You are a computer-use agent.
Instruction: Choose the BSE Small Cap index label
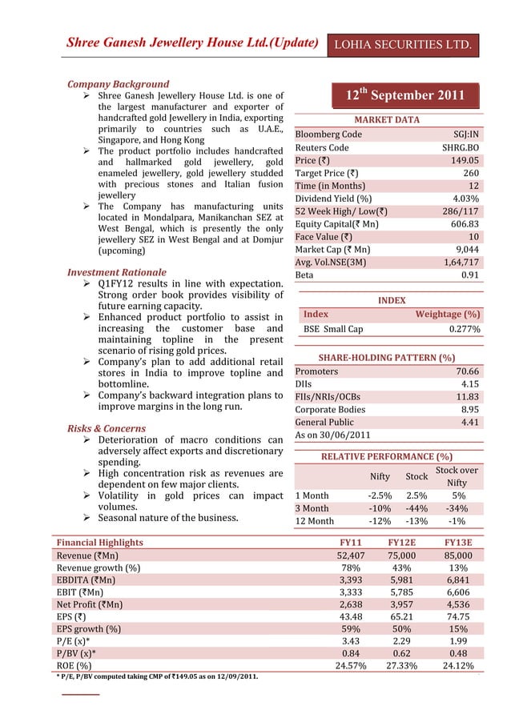(333, 329)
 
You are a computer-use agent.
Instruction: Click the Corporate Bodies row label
(330, 409)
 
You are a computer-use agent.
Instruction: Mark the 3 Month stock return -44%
(416, 508)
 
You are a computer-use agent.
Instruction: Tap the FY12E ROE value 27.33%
(408, 666)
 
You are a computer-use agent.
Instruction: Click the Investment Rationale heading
(117, 273)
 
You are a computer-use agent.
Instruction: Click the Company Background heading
(119, 84)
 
